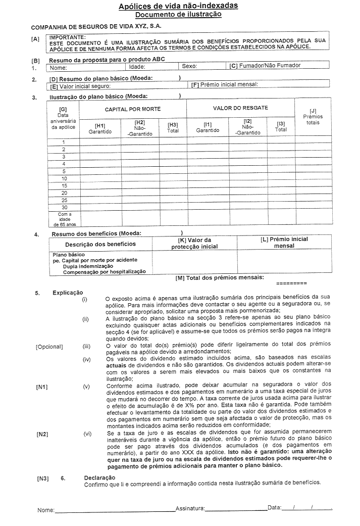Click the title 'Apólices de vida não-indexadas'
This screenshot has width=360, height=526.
[x=178, y=6]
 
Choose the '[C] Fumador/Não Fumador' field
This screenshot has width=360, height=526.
[x=265, y=66]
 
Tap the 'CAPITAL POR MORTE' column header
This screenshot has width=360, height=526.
[x=133, y=109]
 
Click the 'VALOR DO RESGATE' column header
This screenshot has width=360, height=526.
[x=240, y=108]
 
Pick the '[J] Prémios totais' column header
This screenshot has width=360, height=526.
[x=313, y=117]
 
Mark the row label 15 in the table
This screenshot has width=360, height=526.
[x=64, y=185]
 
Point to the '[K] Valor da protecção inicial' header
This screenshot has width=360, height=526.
[x=194, y=243]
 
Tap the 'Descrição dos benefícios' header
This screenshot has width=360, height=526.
[x=100, y=244]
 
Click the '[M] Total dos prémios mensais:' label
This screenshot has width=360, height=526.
[x=219, y=277]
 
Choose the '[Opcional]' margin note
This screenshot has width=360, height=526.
[x=49, y=347]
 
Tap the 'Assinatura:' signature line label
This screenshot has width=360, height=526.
[x=190, y=507]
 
